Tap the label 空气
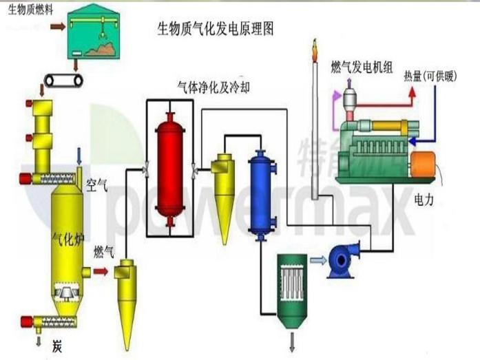97,184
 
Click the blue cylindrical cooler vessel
261,194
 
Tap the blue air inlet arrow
79,153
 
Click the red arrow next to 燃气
101,272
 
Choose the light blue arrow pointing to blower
319,260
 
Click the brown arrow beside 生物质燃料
58,25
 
